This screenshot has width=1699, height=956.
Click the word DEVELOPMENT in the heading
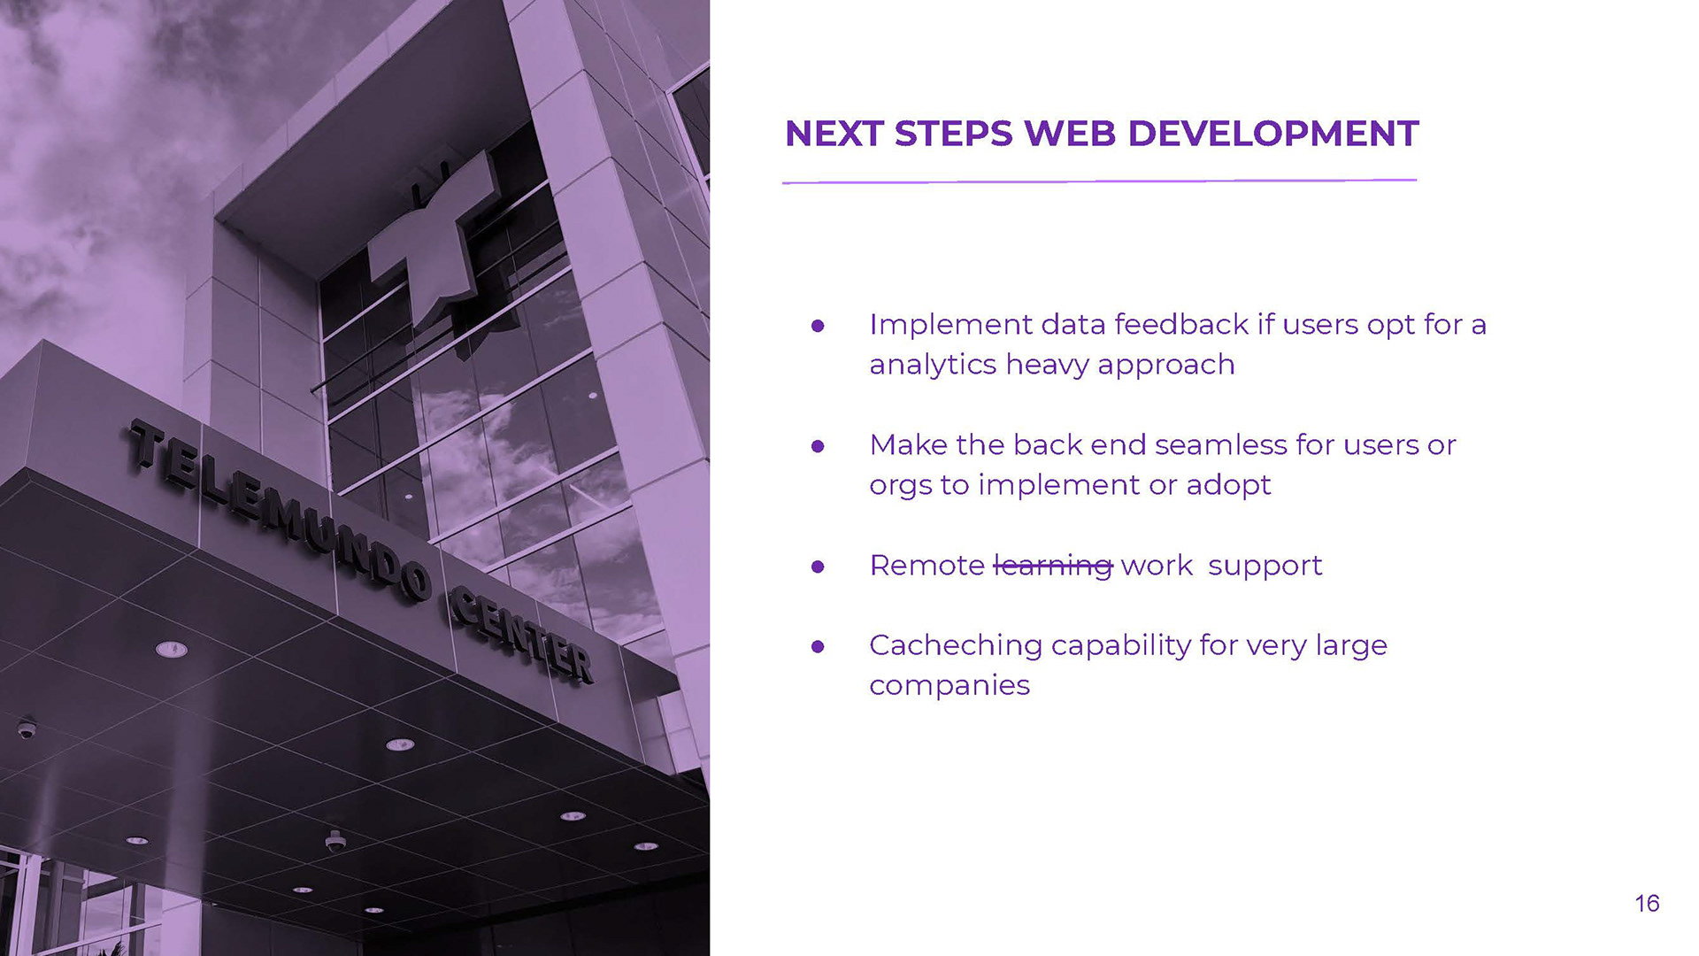click(x=1273, y=134)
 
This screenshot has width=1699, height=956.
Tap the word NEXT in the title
click(x=834, y=134)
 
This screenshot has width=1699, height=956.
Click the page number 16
click(x=1647, y=903)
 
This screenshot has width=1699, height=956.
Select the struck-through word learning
click(x=1053, y=566)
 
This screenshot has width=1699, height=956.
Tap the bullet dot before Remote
click(x=818, y=567)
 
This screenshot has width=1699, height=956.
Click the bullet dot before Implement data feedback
click(x=818, y=326)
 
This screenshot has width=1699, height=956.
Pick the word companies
click(x=949, y=686)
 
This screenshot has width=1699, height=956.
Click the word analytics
click(x=933, y=365)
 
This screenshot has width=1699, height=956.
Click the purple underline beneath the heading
click(x=1099, y=181)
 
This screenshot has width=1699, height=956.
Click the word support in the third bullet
click(x=1265, y=567)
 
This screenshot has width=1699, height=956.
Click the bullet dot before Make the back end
click(x=818, y=446)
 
